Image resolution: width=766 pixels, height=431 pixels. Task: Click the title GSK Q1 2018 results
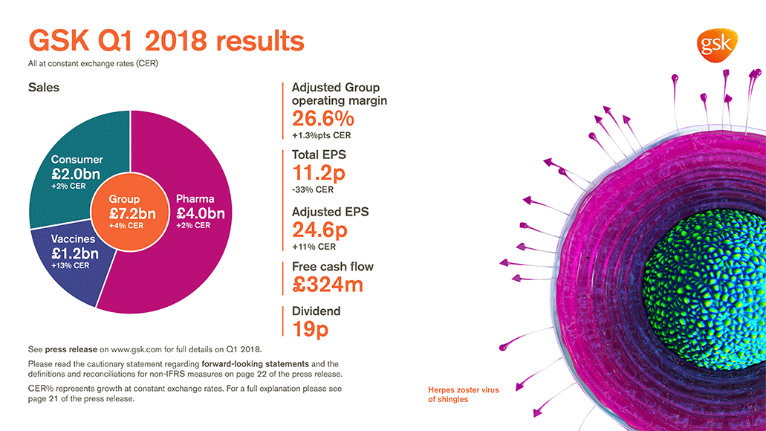[x=166, y=40]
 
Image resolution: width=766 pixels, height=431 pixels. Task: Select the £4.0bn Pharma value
[x=199, y=213]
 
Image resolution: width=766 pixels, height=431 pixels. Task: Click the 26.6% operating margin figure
[x=322, y=119]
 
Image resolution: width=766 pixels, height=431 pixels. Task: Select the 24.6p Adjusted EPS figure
[x=320, y=230]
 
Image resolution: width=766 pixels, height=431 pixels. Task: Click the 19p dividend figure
[x=311, y=329]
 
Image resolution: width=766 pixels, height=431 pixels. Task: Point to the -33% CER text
[x=313, y=189]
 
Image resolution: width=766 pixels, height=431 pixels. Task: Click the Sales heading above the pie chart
[x=44, y=87]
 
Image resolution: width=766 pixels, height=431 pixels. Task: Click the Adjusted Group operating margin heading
[x=339, y=94]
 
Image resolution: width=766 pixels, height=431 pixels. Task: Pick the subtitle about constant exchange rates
[x=93, y=64]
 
